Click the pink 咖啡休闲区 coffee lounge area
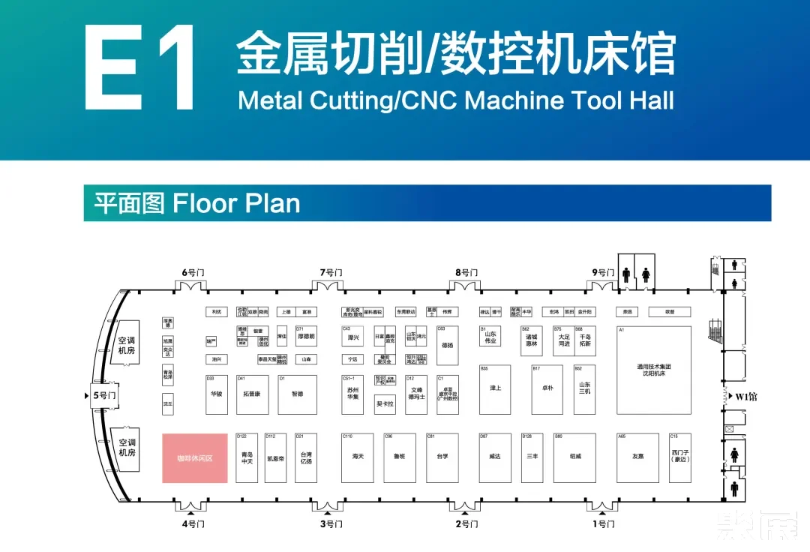195,457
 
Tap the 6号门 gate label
193,272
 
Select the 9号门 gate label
603,272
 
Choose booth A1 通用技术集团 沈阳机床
653,370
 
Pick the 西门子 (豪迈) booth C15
679,457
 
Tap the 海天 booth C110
358,457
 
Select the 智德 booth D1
296,394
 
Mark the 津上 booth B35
495,390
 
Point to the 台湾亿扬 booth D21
305,457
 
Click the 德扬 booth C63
447,346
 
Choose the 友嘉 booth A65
637,457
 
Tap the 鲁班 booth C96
399,457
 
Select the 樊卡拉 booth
385,403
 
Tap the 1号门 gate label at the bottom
603,524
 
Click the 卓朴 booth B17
547,390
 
